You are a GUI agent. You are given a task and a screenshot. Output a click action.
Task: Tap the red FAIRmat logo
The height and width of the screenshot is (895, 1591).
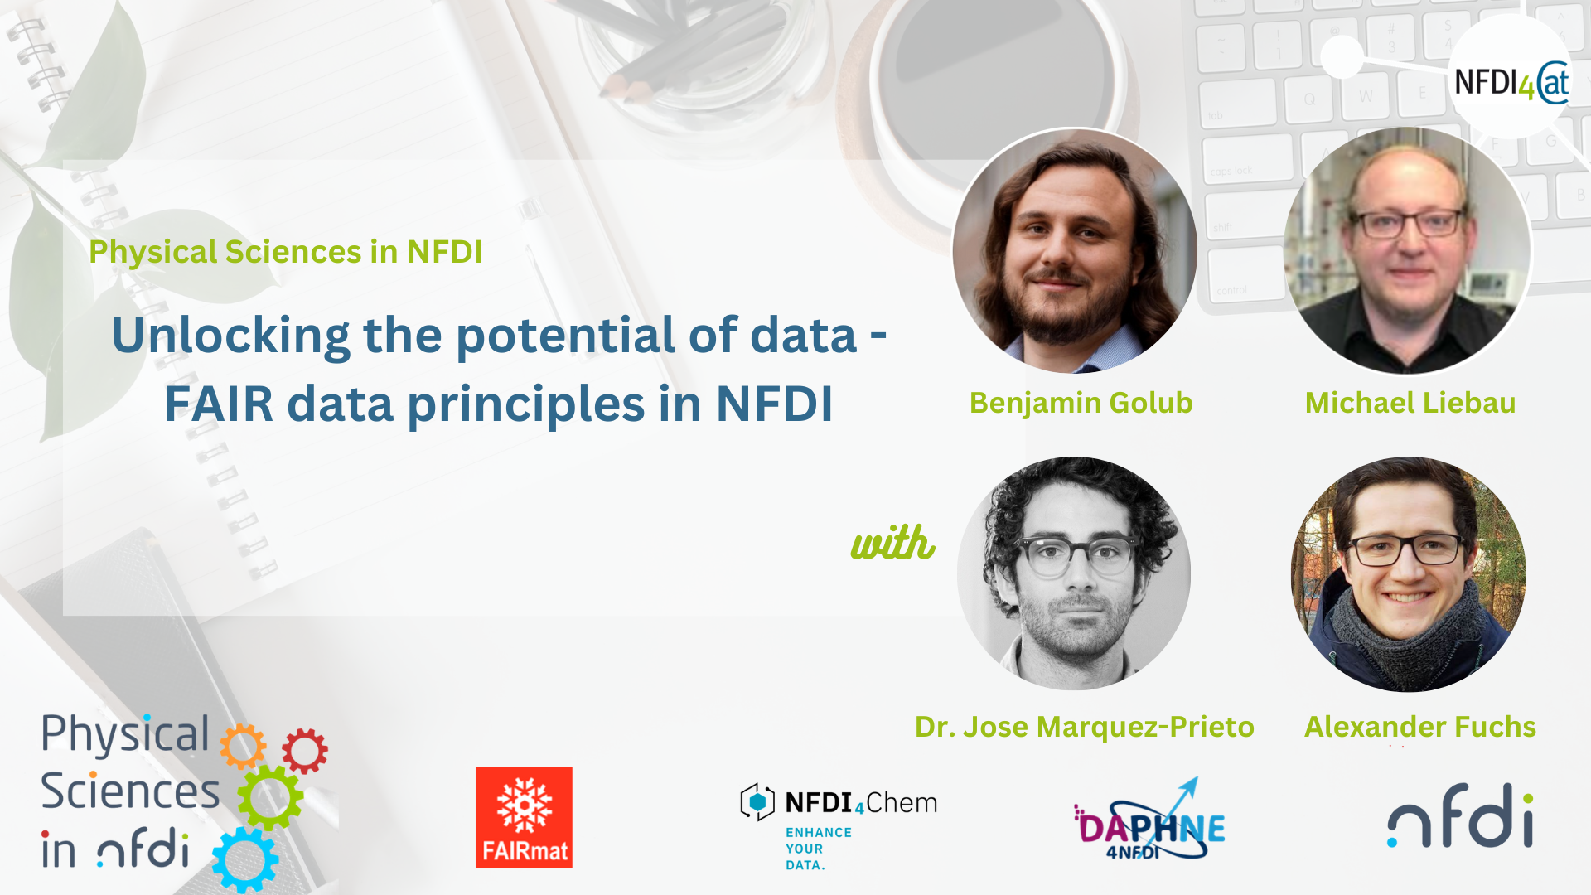(524, 817)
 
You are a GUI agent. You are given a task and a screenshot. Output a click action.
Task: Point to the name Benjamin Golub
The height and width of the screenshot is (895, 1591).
(1081, 403)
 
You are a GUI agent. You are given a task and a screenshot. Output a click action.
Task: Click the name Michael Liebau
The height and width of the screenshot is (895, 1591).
(1410, 403)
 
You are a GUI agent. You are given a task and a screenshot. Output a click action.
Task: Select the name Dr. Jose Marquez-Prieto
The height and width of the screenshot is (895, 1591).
(1085, 727)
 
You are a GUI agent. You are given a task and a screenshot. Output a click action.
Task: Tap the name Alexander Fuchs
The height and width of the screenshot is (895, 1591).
(1420, 727)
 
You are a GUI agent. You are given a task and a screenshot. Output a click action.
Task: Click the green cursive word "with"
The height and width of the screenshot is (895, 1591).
(893, 543)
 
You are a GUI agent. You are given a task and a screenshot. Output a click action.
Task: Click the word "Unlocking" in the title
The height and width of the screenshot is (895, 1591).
(231, 336)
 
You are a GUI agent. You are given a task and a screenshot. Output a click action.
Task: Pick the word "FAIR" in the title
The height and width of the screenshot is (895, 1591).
(219, 404)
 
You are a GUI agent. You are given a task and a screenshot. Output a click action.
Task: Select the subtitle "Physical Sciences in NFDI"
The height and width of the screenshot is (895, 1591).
(286, 252)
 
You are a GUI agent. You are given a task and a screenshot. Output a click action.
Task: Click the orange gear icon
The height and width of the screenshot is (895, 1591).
(243, 747)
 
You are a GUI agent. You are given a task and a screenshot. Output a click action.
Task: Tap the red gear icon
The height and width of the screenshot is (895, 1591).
(305, 751)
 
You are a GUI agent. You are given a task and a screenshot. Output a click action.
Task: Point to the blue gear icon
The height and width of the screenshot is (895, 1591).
(245, 860)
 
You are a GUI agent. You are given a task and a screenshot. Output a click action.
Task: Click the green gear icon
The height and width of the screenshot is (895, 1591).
(270, 797)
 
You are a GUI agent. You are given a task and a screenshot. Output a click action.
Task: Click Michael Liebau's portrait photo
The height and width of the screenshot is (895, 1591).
(1408, 251)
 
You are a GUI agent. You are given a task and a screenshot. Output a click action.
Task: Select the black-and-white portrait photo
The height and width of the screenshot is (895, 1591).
(1074, 573)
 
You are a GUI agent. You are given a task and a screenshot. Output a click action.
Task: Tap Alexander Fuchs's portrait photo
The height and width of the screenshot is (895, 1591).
(1409, 574)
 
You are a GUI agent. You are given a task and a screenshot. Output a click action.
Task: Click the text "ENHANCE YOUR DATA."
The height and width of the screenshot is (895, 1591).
(819, 849)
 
